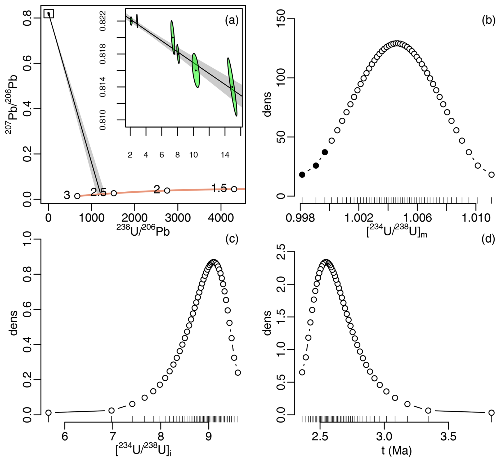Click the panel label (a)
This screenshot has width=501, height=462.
pos(232,20)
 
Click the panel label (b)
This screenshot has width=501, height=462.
pos(489,20)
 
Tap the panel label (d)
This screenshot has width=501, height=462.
pos(489,239)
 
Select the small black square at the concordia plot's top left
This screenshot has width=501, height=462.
pos(49,14)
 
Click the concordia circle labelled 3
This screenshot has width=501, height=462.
pos(77,196)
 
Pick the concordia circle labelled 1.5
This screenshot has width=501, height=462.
pos(234,189)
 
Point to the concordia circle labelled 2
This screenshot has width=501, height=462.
pos(167,190)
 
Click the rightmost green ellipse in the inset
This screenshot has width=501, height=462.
pos(232,87)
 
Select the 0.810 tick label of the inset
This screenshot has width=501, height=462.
pos(103,120)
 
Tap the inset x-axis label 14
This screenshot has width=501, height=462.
pos(225,155)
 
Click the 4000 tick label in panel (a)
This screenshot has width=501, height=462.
pos(221,218)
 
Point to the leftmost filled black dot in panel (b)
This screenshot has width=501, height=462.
pos(302,175)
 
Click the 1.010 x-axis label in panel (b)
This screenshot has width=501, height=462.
pos(476,218)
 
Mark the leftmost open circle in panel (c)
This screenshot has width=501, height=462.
pos(48,413)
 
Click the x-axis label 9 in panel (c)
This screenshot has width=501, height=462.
pos(209,437)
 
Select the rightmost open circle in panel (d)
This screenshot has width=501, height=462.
pos(491,413)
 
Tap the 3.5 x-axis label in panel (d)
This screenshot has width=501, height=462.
pos(448,437)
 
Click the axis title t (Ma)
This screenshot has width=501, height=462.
pos(396,451)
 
